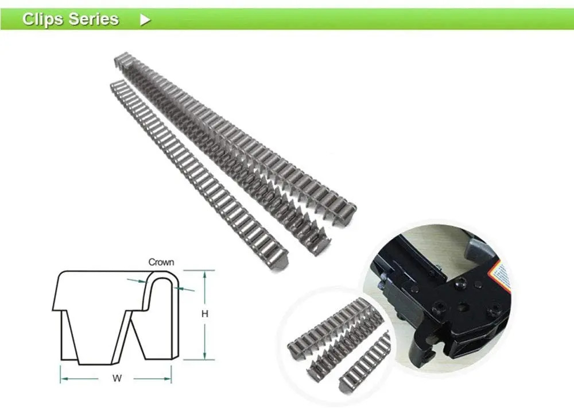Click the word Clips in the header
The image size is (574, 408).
pos(42,19)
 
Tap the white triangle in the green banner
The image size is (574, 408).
pos(145,20)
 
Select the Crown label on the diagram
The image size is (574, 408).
pos(161,262)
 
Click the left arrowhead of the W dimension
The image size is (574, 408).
pos(63,379)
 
